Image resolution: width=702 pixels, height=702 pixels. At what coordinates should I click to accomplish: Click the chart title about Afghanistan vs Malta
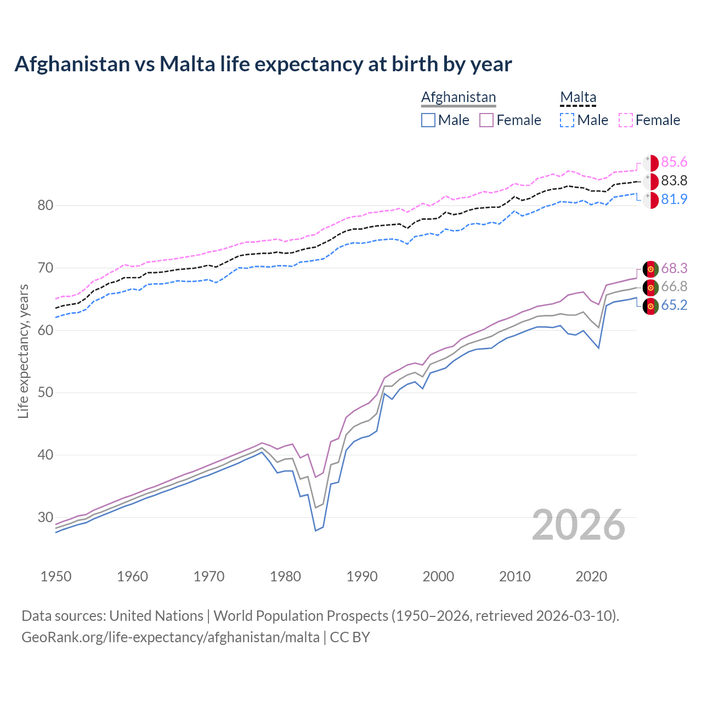pos(263,64)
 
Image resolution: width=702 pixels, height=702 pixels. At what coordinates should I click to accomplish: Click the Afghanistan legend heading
pos(458,97)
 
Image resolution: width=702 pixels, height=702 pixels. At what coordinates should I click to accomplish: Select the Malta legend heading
pos(578,97)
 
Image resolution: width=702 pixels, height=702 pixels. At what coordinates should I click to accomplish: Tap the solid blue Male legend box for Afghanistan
pos(428,120)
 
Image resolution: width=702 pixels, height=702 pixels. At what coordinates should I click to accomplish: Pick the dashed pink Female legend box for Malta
pos(626,120)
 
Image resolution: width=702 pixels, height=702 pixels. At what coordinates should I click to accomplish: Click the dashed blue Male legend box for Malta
pos(567,120)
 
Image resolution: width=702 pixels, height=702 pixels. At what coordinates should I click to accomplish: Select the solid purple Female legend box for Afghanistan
pos(486,120)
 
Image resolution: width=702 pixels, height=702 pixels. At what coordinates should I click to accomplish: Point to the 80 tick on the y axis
pos(46,206)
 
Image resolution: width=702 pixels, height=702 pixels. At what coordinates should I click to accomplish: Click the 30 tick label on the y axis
pos(46,517)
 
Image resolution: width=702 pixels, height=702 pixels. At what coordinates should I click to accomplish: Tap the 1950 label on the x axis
pos(56,576)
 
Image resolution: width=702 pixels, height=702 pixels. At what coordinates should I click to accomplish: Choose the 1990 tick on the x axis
pos(362,576)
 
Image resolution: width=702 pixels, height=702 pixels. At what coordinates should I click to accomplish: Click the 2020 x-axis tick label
pos(591,576)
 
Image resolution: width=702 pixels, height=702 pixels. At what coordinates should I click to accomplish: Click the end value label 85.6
pos(674,162)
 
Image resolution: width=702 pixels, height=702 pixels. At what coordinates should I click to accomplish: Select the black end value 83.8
pos(674,180)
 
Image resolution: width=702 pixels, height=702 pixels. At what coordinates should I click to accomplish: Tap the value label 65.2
pos(674,305)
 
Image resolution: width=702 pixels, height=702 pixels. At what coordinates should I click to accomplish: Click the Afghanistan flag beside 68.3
pos(650,269)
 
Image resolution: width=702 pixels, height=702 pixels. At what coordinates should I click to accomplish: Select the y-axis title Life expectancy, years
pos(23,351)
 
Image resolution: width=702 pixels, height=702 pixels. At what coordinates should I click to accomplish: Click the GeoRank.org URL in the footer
pos(171,637)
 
